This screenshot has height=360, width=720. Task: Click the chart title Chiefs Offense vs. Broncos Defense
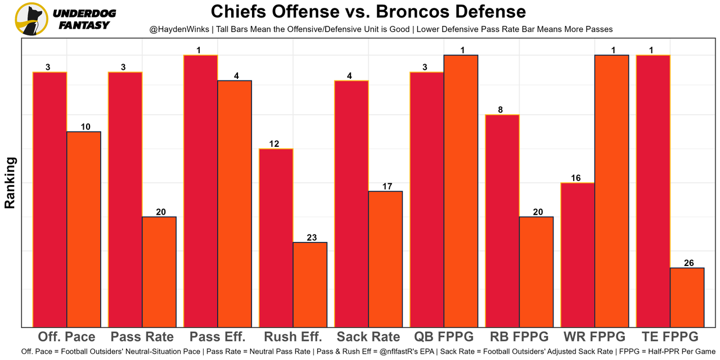[x=368, y=11]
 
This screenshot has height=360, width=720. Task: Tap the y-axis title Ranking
[x=10, y=183]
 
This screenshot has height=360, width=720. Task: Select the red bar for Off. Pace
[x=50, y=199]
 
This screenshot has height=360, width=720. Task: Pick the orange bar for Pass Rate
[x=159, y=272]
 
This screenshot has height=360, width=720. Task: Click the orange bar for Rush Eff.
[x=310, y=284]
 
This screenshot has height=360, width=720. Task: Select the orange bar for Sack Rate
[x=385, y=259]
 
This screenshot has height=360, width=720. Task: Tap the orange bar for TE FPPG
[x=687, y=297]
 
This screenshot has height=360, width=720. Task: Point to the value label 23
[x=312, y=237]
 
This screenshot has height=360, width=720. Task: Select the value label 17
[x=387, y=186]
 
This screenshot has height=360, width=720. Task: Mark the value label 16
[x=575, y=178]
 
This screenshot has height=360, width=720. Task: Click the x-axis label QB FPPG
[x=444, y=337]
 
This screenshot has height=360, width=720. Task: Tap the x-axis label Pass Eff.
[x=218, y=337]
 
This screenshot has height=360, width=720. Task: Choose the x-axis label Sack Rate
[x=368, y=337]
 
